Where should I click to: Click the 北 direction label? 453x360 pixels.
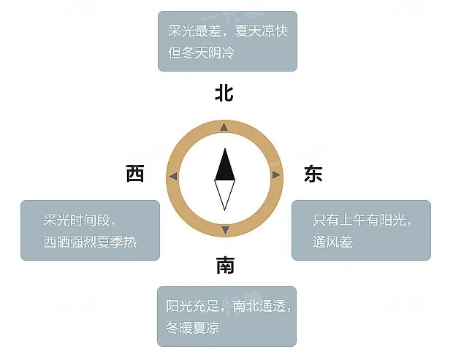pyautogui.click(x=224, y=93)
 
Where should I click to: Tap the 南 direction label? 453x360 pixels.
pyautogui.click(x=225, y=265)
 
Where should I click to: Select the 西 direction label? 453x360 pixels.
pyautogui.click(x=135, y=174)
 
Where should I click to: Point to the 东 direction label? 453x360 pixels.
pyautogui.click(x=313, y=174)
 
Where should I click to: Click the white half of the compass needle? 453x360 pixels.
pyautogui.click(x=225, y=195)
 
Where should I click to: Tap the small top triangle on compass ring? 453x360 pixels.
pyautogui.click(x=224, y=127)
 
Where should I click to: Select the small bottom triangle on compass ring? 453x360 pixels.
pyautogui.click(x=225, y=230)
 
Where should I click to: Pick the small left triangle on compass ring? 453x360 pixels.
pyautogui.click(x=173, y=176)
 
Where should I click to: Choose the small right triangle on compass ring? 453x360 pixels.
pyautogui.click(x=276, y=175)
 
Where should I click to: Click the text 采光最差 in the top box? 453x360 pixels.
pyautogui.click(x=195, y=31)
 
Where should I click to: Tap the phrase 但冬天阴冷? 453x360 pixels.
pyautogui.click(x=202, y=53)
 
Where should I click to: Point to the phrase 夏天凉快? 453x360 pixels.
pyautogui.click(x=262, y=31)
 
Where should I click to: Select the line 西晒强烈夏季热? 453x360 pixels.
pyautogui.click(x=90, y=242)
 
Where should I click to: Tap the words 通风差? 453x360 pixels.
pyautogui.click(x=333, y=242)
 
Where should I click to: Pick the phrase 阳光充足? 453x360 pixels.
pyautogui.click(x=192, y=306)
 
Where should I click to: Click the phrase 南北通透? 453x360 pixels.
pyautogui.click(x=259, y=306)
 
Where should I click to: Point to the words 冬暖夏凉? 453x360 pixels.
pyautogui.click(x=192, y=328)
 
